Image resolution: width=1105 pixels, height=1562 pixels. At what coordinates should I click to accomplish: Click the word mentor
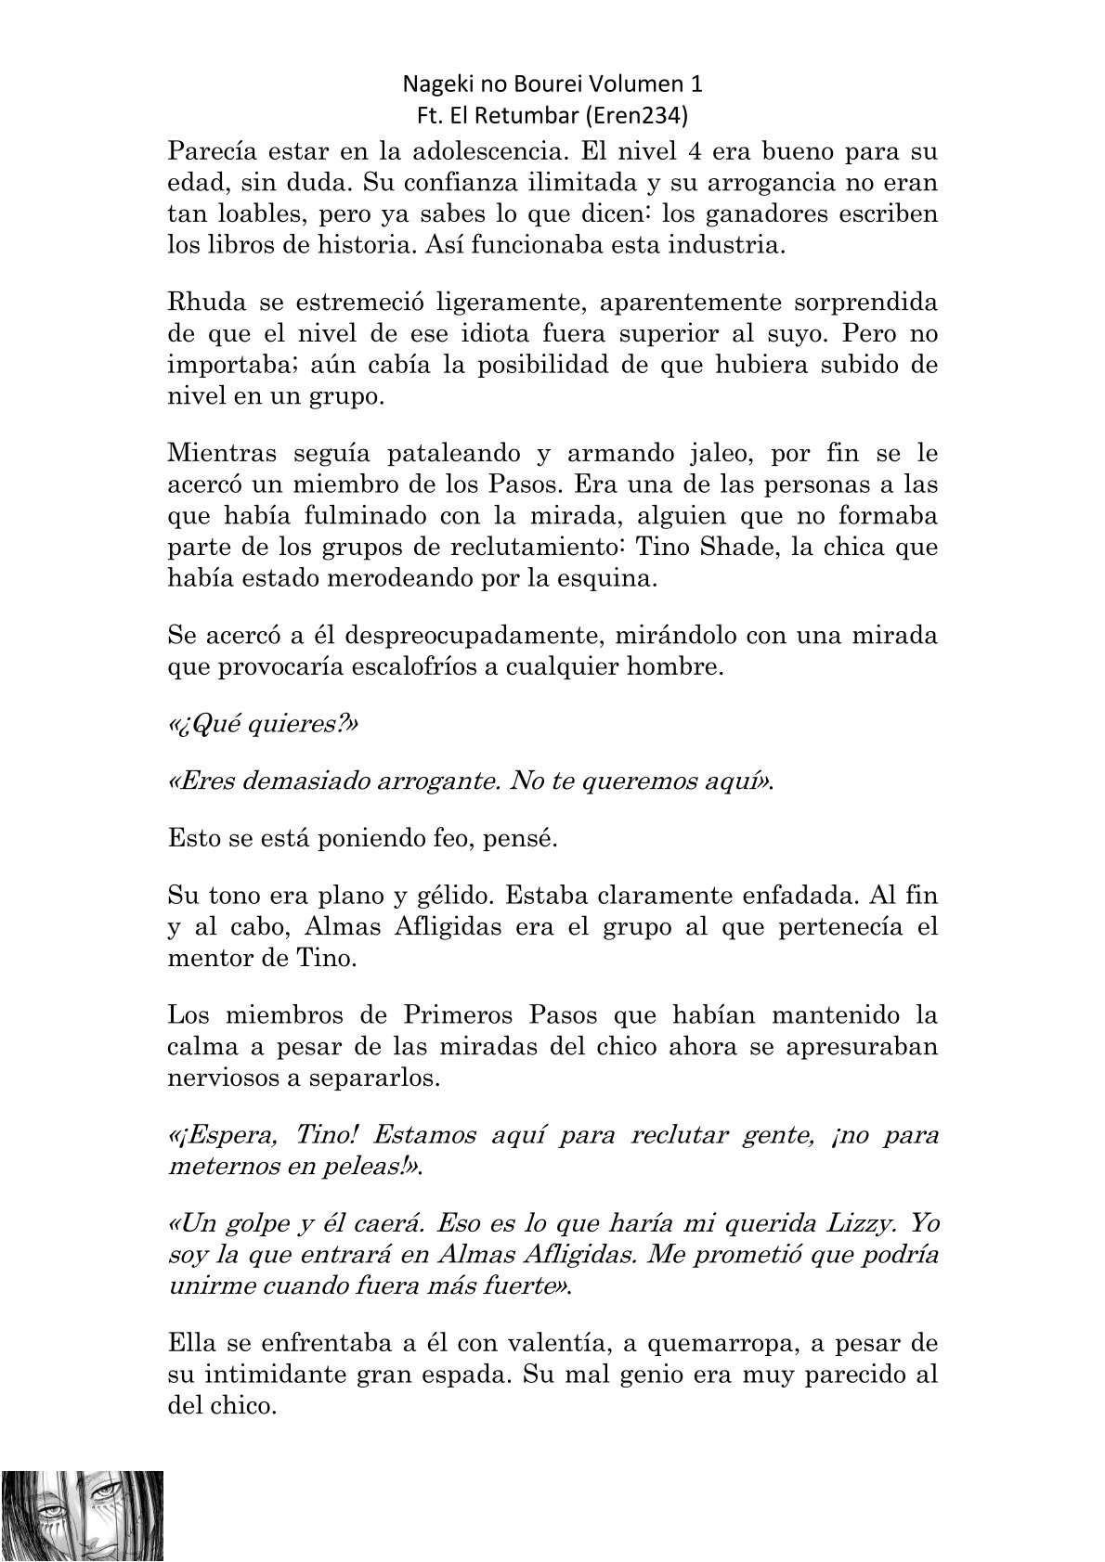pos(211,958)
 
